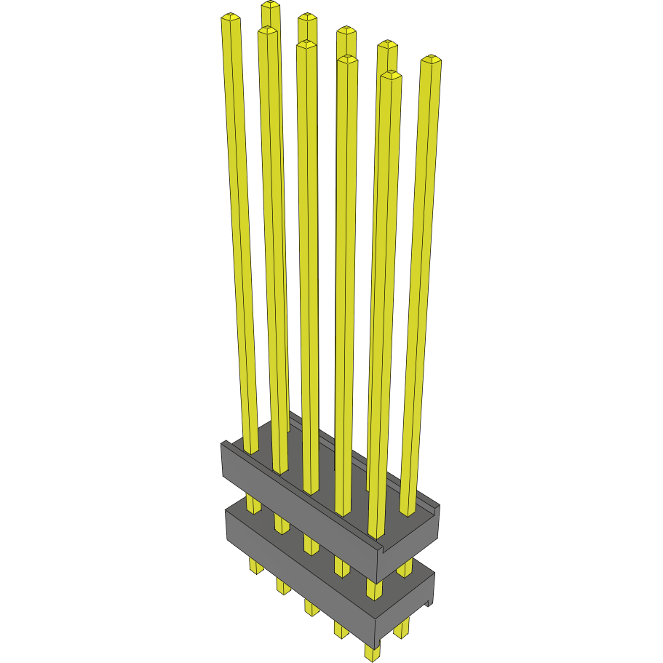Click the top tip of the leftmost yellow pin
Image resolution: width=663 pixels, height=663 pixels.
[x=231, y=17]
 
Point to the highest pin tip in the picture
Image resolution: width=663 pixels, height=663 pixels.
[x=271, y=5]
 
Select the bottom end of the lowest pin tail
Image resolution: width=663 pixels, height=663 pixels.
[x=373, y=658]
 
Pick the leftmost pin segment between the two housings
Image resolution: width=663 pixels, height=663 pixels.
[x=253, y=502]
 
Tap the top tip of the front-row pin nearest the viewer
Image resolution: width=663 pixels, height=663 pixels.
[x=391, y=75]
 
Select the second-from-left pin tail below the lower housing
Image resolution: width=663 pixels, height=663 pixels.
[x=282, y=584]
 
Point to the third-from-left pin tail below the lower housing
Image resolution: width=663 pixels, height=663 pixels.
[x=311, y=606]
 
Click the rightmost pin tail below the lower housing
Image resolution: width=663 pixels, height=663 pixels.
[x=402, y=627]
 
